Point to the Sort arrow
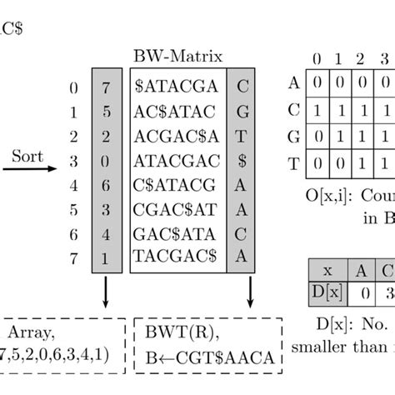29,169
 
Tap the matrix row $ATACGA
180,86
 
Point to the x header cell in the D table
327,271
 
